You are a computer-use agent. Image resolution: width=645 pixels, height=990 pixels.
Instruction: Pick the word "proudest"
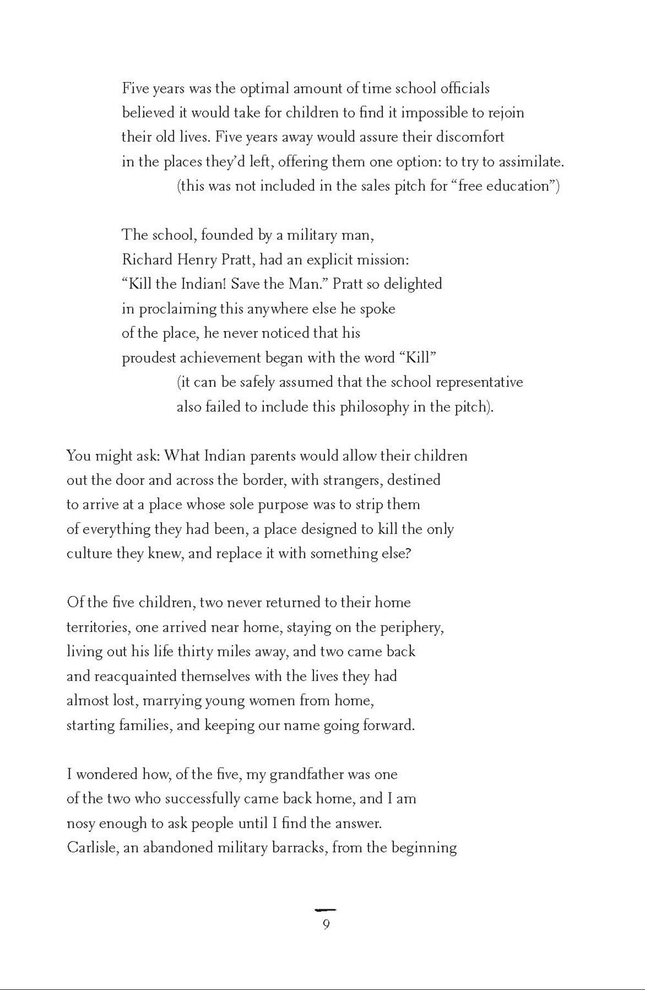tap(148, 359)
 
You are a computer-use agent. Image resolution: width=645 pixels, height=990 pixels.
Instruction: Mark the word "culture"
tap(89, 554)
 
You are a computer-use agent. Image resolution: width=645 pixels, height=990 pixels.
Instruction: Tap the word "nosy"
tap(81, 824)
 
